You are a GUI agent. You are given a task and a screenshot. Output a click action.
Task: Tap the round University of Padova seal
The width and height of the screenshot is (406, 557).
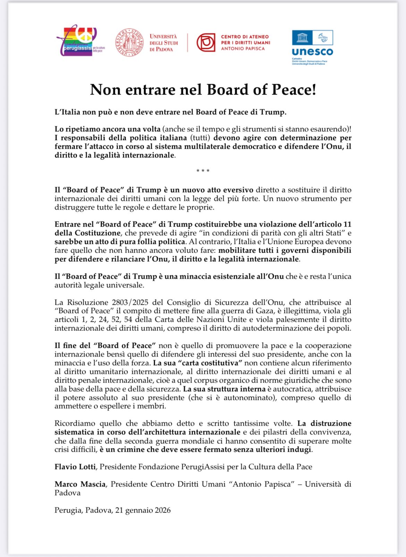[130, 42]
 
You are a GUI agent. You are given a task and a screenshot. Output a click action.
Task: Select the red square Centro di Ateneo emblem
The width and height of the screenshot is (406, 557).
[206, 43]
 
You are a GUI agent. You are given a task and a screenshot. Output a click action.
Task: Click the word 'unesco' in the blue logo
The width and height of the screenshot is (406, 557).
[312, 52]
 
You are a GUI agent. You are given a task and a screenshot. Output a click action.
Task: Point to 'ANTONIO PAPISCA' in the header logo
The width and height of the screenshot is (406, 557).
[243, 49]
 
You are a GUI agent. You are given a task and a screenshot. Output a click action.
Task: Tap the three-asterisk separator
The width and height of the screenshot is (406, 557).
[203, 171]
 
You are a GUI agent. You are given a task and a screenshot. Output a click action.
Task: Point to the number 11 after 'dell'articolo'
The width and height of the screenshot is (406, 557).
[347, 224]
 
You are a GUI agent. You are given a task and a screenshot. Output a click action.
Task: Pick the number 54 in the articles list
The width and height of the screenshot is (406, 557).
[128, 320]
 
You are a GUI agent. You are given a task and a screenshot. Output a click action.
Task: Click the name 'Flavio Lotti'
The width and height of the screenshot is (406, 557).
[75, 467]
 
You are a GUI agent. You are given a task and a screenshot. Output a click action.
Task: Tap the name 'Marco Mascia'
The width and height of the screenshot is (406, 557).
[80, 484]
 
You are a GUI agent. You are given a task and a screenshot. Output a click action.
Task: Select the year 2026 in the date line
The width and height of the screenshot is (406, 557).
[163, 510]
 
